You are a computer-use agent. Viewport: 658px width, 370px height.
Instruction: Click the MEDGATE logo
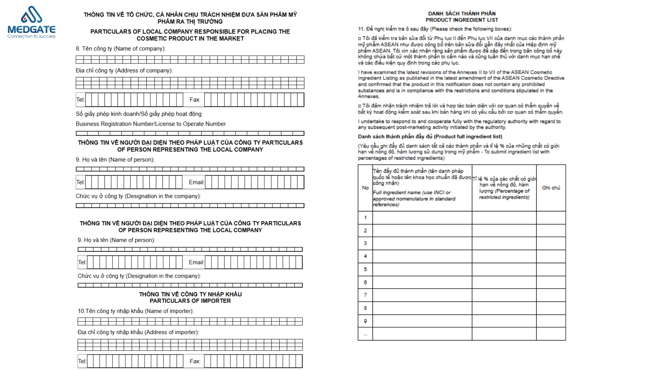coord(31,22)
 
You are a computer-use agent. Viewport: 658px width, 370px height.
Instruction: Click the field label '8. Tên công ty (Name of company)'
coord(121,49)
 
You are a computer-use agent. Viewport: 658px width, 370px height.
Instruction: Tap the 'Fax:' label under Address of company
coord(195,100)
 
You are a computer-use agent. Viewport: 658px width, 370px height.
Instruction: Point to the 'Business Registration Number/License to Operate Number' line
coord(151,124)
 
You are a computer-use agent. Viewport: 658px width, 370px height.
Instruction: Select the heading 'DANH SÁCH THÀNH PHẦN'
coord(462,14)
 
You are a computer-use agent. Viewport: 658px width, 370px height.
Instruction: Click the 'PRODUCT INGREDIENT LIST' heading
coord(462,20)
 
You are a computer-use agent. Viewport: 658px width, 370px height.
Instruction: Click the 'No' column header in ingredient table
coord(365,188)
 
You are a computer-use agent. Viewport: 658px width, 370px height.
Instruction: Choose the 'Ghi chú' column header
coord(551,188)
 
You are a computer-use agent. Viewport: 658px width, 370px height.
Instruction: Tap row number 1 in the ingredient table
coord(365,218)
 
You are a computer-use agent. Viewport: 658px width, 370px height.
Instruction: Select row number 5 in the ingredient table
coord(365,269)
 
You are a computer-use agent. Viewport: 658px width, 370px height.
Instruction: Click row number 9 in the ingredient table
coord(365,321)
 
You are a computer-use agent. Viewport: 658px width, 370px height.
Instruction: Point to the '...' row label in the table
coord(365,334)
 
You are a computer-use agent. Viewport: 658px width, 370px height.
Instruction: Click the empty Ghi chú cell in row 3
coord(551,243)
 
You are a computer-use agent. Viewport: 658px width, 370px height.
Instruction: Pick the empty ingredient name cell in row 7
coord(422,295)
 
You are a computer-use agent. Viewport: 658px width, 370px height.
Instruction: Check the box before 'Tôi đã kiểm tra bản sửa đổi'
coord(360,38)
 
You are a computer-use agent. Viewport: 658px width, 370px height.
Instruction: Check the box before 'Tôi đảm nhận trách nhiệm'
coord(360,106)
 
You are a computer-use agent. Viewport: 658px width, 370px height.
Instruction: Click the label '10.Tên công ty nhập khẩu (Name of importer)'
coord(136,311)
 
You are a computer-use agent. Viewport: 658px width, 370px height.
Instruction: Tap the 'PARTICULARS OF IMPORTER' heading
coord(190,301)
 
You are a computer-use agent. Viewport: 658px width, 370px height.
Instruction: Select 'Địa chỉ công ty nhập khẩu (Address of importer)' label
coord(138,332)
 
